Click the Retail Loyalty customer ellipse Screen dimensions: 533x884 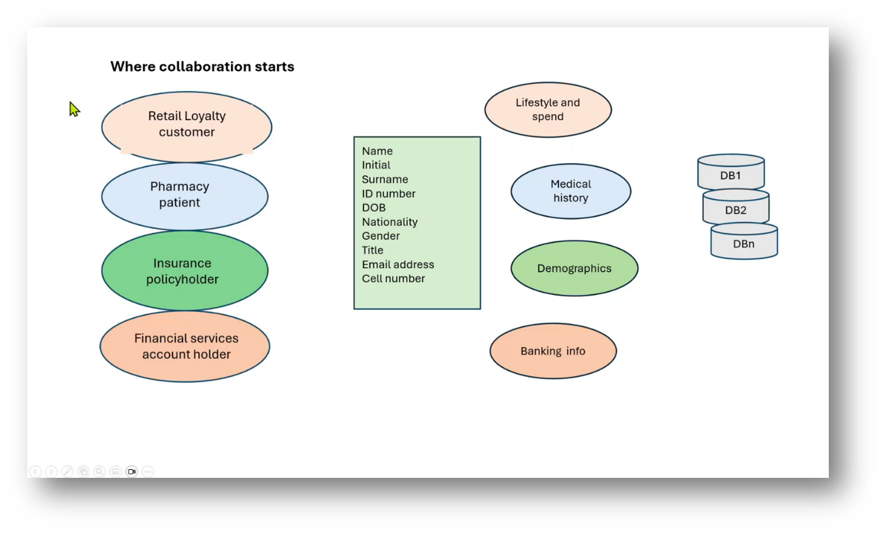tap(187, 126)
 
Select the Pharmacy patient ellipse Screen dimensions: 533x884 tap(184, 196)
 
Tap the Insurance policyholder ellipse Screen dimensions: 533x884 tap(184, 271)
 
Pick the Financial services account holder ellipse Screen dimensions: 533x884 tap(185, 346)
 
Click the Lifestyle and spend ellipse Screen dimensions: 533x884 tap(547, 110)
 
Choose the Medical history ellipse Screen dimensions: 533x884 tap(570, 191)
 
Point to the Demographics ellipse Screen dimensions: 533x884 tap(574, 268)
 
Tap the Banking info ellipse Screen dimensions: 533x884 tap(553, 351)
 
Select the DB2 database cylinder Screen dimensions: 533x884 tap(736, 210)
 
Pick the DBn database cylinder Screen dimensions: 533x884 tap(744, 243)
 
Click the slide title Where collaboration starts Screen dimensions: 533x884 tap(202, 67)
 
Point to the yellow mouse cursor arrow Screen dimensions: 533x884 tap(74, 109)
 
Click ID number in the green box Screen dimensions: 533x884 tap(388, 194)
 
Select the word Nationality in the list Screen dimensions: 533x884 tap(389, 222)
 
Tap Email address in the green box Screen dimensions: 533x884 tap(398, 265)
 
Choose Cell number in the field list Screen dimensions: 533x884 tap(393, 279)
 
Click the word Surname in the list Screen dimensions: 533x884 tap(385, 179)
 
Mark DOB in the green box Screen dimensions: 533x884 tap(374, 208)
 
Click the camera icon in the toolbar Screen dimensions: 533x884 tap(132, 471)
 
